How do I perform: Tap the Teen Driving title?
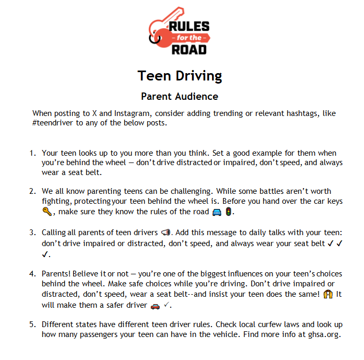(x=180, y=76)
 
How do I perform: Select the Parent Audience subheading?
(x=180, y=97)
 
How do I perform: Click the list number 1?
(x=32, y=154)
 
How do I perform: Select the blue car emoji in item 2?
(x=217, y=212)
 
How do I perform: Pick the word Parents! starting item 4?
(x=56, y=274)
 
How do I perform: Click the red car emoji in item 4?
(x=155, y=305)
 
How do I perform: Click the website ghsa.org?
(x=324, y=334)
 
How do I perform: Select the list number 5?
(x=32, y=324)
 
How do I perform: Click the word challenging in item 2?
(x=207, y=192)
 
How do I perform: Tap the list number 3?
(x=32, y=232)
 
